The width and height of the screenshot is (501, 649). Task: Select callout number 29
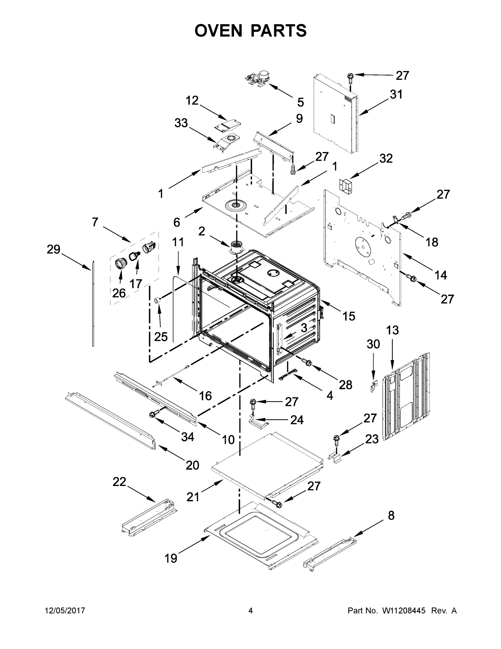[53, 249]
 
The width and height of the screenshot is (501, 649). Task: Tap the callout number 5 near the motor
[300, 102]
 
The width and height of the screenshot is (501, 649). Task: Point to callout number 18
[432, 242]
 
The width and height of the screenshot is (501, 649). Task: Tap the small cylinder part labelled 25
[156, 301]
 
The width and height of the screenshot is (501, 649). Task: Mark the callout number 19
[171, 558]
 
